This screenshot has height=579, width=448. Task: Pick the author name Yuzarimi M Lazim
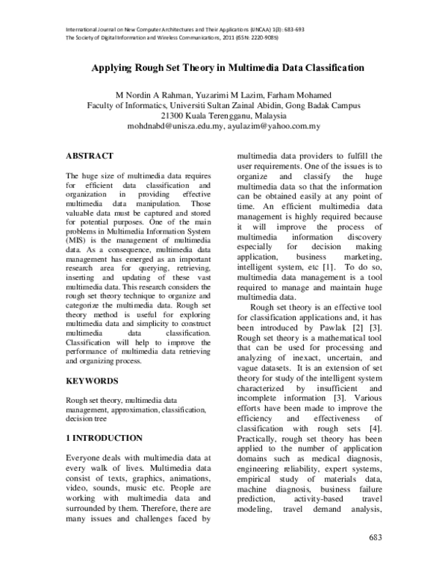pos(227,95)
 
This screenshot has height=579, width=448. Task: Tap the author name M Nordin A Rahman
pos(151,95)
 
